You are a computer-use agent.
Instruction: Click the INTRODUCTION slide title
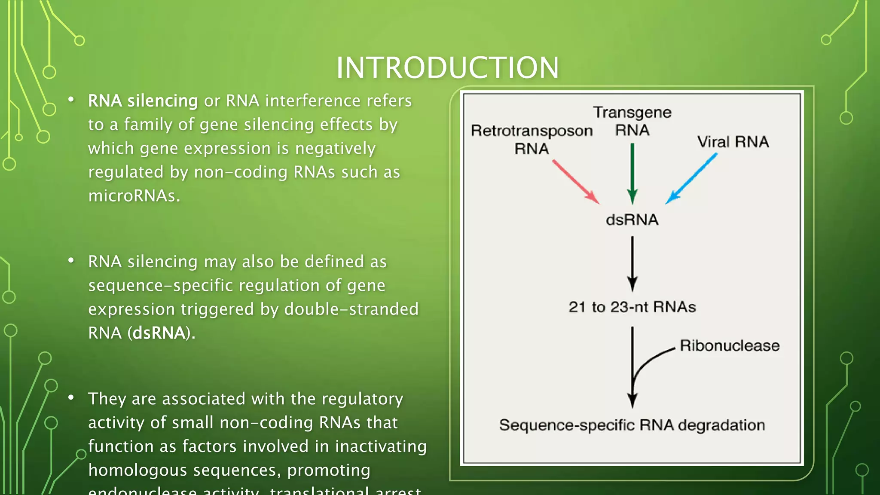point(447,68)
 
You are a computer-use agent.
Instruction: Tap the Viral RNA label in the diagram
point(733,142)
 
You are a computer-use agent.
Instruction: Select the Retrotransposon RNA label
point(532,139)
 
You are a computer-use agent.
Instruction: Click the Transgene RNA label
point(632,121)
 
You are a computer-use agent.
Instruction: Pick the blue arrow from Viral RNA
point(692,178)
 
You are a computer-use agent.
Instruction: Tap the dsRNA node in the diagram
point(632,220)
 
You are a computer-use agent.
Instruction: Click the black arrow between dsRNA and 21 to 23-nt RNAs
point(632,263)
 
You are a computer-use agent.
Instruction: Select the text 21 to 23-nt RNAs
point(632,307)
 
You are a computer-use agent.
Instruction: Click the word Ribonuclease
point(729,346)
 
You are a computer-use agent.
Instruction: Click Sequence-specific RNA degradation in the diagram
point(632,425)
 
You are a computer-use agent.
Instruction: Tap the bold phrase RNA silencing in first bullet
point(143,101)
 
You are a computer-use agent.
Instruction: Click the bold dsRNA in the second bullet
point(159,333)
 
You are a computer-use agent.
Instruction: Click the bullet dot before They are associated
point(71,397)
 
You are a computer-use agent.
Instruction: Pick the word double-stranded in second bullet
point(351,309)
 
